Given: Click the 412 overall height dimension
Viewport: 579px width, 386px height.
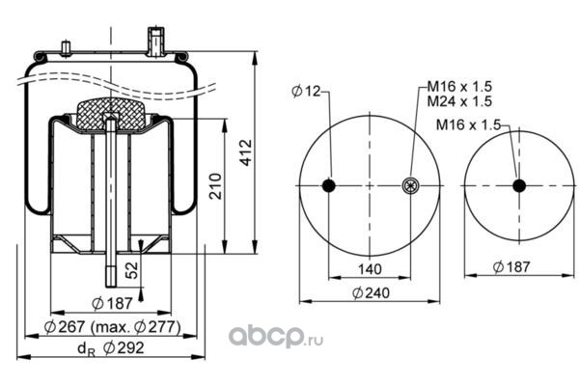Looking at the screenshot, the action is pyautogui.click(x=245, y=152).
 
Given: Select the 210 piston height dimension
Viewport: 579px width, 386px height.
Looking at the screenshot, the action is pyautogui.click(x=215, y=186).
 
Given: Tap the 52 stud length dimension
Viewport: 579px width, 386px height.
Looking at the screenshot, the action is pyautogui.click(x=132, y=270).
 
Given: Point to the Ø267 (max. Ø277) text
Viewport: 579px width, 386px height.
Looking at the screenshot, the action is pyautogui.click(x=112, y=327).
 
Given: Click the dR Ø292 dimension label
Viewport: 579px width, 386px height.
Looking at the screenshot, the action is pyautogui.click(x=110, y=348).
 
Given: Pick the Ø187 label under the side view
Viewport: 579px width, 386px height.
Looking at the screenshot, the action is pyautogui.click(x=112, y=304).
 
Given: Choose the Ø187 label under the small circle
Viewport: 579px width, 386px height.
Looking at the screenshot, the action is pyautogui.click(x=511, y=266).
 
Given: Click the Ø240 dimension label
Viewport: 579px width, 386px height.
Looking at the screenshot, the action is pyautogui.click(x=371, y=293).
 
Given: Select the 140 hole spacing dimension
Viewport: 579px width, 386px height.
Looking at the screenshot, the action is pyautogui.click(x=370, y=269).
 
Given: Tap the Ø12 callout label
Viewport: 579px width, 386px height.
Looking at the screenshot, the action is pyautogui.click(x=306, y=91).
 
